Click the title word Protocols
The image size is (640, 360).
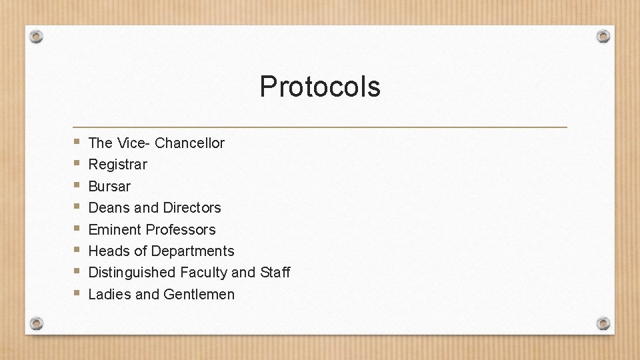click(320, 87)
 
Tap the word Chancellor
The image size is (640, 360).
click(189, 143)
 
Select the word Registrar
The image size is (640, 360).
click(117, 164)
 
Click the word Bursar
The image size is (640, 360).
click(109, 186)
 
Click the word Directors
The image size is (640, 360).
click(192, 207)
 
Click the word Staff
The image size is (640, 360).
click(275, 272)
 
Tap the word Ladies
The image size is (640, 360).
click(109, 294)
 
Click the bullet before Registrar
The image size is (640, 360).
click(78, 163)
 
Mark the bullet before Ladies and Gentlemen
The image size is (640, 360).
click(78, 293)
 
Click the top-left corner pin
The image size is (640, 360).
click(37, 36)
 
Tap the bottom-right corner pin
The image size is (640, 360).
click(603, 323)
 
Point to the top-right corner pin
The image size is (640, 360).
click(603, 36)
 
